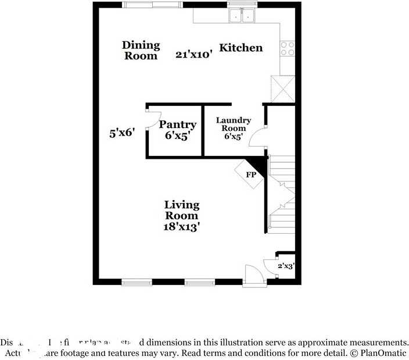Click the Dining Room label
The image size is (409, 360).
[141, 51]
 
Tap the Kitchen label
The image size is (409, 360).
[241, 48]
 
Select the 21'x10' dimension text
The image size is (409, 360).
[194, 55]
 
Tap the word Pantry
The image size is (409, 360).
[178, 124]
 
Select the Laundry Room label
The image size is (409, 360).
[234, 124]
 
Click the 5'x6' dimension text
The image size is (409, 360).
[123, 133]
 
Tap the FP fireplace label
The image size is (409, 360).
[251, 174]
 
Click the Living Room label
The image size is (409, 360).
[181, 210]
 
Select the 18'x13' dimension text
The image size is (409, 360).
[182, 227]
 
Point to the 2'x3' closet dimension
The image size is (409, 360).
[285, 266]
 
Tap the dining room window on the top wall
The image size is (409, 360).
[152, 5]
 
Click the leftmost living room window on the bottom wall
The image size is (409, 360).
[137, 283]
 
